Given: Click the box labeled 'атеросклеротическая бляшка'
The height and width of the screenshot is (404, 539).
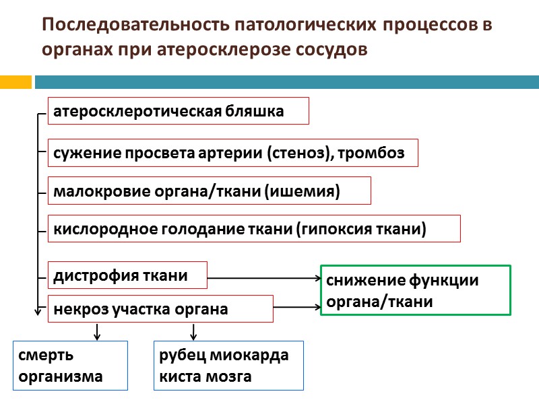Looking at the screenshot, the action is (x=178, y=111).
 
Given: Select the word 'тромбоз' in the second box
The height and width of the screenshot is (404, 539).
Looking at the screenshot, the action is (x=373, y=154).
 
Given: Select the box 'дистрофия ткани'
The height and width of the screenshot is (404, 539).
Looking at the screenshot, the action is (x=127, y=275).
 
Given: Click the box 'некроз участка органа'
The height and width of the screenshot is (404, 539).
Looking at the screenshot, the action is (x=160, y=309).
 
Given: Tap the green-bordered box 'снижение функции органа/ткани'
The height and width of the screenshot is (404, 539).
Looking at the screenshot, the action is (x=415, y=290).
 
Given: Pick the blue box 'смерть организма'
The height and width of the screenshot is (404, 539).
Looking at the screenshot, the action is (x=70, y=366).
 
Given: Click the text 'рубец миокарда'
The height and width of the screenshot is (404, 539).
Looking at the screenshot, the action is (x=224, y=356).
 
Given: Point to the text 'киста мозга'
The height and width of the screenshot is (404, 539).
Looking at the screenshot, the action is (x=205, y=376).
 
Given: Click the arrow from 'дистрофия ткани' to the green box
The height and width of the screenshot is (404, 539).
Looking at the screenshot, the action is (x=263, y=277).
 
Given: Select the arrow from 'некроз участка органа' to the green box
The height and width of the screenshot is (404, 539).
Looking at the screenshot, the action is (x=296, y=308).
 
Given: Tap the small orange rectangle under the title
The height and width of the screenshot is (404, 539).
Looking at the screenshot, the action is (x=15, y=81).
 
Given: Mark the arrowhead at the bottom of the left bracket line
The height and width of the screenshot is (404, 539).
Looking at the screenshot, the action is (x=37, y=312).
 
